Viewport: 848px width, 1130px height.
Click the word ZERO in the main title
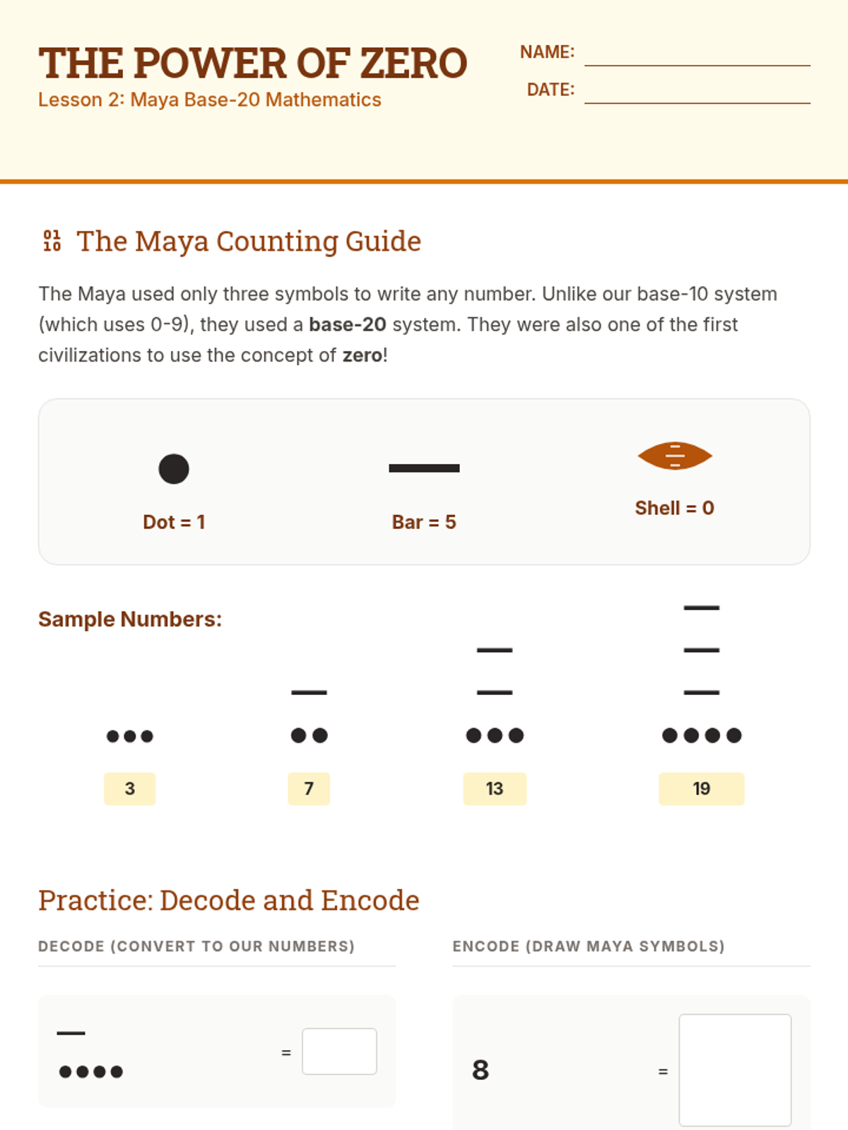tap(413, 64)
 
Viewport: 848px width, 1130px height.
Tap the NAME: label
tap(547, 52)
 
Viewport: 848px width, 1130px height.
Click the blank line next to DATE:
tap(697, 103)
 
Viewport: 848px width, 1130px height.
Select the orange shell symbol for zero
tap(674, 456)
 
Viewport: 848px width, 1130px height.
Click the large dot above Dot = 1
tap(174, 468)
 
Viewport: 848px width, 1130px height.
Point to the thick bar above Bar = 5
tap(424, 468)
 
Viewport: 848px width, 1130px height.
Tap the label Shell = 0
tap(674, 508)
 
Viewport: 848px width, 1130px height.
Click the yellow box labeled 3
tap(130, 788)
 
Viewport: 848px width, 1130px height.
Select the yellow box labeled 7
tap(309, 788)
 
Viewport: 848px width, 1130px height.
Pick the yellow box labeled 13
tap(495, 788)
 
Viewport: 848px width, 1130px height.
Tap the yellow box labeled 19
tap(701, 788)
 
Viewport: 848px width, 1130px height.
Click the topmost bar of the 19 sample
tap(701, 608)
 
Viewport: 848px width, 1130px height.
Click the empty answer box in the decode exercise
tap(339, 1051)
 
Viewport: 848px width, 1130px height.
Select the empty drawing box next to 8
tap(735, 1070)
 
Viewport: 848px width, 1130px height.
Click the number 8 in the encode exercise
tap(481, 1070)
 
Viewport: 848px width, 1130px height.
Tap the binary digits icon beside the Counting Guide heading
tap(52, 241)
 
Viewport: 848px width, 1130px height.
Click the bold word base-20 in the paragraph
tap(348, 325)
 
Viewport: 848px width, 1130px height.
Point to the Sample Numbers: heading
tap(130, 619)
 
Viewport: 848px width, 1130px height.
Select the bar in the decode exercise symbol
tap(71, 1033)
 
